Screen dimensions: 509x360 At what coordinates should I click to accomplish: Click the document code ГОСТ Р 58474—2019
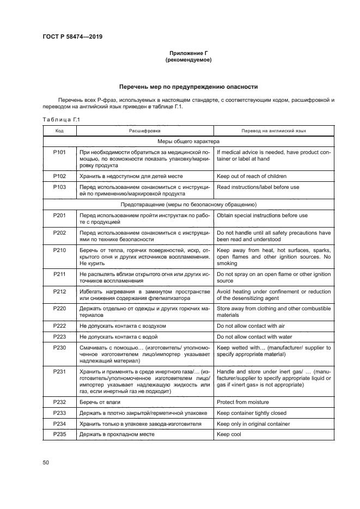72,36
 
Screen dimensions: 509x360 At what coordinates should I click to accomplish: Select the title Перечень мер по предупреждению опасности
188,87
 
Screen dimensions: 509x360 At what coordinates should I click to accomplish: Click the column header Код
60,131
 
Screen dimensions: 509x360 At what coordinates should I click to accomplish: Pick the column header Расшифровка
144,131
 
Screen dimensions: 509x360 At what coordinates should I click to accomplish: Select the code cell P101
60,153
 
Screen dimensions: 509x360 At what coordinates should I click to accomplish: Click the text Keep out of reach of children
251,176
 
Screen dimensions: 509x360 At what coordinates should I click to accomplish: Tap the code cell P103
60,187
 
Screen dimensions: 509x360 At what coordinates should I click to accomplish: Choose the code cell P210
60,250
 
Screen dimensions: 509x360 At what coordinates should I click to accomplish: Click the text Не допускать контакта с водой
122,336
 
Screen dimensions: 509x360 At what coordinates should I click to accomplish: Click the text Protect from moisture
242,402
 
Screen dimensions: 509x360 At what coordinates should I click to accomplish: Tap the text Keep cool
229,434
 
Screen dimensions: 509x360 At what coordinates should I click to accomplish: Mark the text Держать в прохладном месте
117,434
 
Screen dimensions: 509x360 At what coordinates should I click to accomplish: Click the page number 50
46,463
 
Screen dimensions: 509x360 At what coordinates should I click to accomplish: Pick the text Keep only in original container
253,424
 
